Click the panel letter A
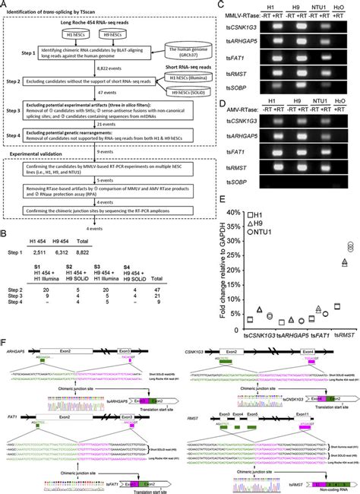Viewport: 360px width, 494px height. [5, 5]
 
